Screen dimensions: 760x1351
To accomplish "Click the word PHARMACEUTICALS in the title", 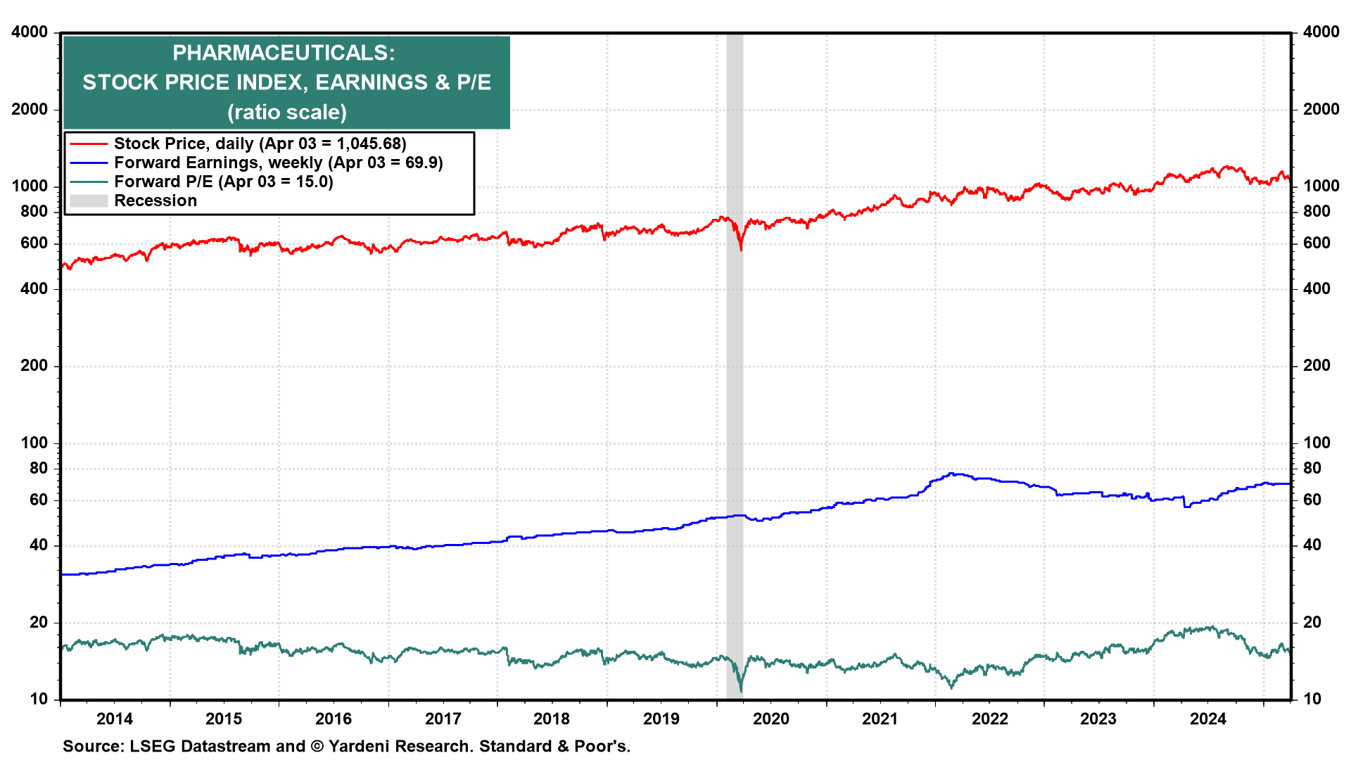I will pyautogui.click(x=283, y=53).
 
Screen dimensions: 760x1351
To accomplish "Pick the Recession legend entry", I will pyautogui.click(x=155, y=201).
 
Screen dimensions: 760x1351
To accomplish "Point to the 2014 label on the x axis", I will pyautogui.click(x=114, y=718).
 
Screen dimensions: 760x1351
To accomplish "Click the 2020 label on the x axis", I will pyautogui.click(x=771, y=718).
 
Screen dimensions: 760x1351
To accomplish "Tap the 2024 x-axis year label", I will pyautogui.click(x=1207, y=718).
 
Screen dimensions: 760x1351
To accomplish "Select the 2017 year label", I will pyautogui.click(x=443, y=718).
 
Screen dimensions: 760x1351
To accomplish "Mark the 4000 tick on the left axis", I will pyautogui.click(x=30, y=32).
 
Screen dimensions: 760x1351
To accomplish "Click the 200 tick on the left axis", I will pyautogui.click(x=34, y=365).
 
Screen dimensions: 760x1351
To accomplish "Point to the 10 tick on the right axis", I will pyautogui.click(x=1312, y=699).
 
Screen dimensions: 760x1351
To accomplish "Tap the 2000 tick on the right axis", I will pyautogui.click(x=1321, y=109).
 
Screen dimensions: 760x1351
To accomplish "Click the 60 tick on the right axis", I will pyautogui.click(x=1312, y=500).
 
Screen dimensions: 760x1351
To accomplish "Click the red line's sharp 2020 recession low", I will pyautogui.click(x=741, y=250).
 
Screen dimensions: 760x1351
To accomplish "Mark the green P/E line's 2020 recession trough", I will pyautogui.click(x=741, y=691).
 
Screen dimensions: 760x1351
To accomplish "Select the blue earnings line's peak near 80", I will pyautogui.click(x=952, y=474).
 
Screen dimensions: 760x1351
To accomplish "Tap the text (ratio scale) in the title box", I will pyautogui.click(x=286, y=112).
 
